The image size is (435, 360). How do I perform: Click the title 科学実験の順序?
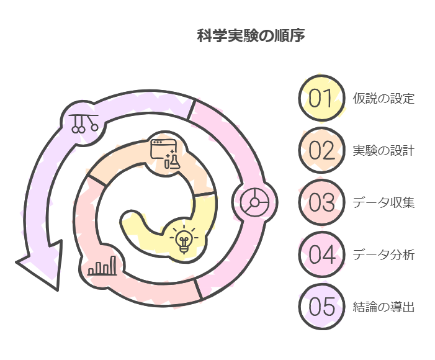pyautogui.click(x=250, y=37)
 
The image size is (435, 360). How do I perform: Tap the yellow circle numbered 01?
pyautogui.click(x=321, y=98)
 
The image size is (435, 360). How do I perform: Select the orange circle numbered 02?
pyautogui.click(x=321, y=150)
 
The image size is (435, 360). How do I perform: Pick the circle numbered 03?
pyautogui.click(x=321, y=202)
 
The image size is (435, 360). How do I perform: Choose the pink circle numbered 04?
pyautogui.click(x=321, y=254)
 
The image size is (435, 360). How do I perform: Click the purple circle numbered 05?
pyautogui.click(x=321, y=307)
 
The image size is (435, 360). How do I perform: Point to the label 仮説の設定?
pyautogui.click(x=383, y=99)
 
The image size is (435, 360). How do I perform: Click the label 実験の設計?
pyautogui.click(x=383, y=151)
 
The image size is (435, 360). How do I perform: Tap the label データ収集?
pyautogui.click(x=383, y=203)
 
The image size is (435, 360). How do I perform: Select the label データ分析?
pyautogui.click(x=383, y=255)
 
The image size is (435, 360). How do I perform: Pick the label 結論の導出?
pyautogui.click(x=383, y=307)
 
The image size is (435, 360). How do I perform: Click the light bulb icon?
pyautogui.click(x=184, y=239)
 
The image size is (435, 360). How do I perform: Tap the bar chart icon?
pyautogui.click(x=102, y=266)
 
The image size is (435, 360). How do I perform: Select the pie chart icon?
pyautogui.click(x=254, y=202)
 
